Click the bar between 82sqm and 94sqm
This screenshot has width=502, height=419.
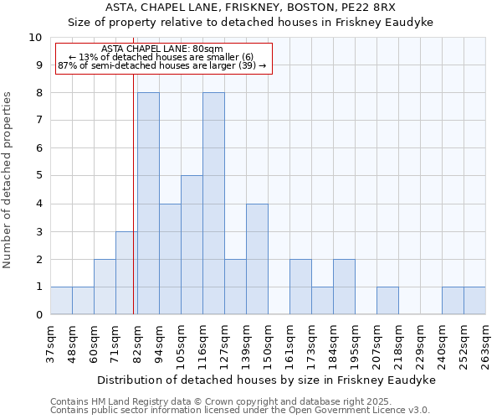148,204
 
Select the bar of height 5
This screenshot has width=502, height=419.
192,245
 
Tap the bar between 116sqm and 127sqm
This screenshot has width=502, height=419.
213,204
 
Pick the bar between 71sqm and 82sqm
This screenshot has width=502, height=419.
126,273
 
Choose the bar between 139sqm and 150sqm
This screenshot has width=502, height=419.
257,259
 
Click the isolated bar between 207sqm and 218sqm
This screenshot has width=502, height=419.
387,301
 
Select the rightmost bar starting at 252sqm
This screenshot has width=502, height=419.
474,301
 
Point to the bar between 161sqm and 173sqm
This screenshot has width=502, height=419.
300,287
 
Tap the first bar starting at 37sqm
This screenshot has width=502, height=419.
61,301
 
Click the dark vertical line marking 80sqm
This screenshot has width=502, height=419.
134,209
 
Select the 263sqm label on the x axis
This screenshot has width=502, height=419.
485,344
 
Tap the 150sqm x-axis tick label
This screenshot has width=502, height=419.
268,344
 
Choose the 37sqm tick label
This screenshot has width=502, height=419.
50,344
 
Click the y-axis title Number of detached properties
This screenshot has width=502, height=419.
8,180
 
